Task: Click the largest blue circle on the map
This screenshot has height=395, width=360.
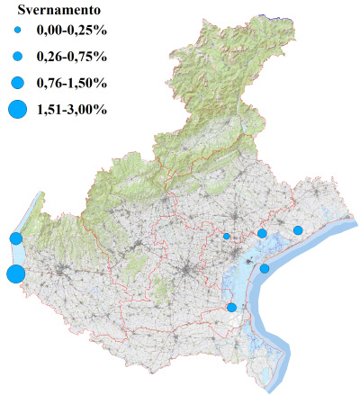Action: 14,274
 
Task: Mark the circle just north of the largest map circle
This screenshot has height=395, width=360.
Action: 15,238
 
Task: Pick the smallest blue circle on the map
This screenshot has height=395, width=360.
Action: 227,237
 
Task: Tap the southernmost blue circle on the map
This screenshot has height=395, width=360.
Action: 231,308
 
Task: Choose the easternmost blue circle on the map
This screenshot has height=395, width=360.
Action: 298,230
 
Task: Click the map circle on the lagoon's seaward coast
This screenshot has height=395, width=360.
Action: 265,268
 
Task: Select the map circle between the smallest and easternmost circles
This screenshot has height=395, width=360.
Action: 262,234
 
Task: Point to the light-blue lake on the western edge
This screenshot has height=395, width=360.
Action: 31,216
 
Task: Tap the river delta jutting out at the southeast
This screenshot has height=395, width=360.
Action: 274,355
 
